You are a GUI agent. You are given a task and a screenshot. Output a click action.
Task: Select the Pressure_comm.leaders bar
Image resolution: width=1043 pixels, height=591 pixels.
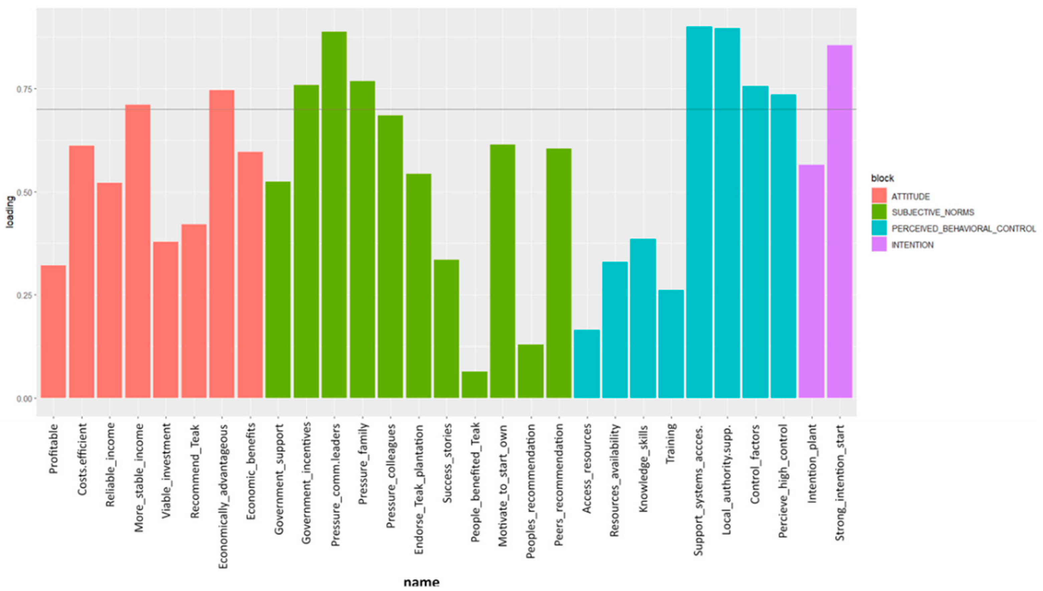(x=334, y=215)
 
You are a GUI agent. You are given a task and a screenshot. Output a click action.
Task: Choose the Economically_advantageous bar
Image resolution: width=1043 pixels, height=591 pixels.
(x=222, y=243)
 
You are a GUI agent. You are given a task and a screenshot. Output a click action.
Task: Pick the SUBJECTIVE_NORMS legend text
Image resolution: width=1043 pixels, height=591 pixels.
(x=932, y=213)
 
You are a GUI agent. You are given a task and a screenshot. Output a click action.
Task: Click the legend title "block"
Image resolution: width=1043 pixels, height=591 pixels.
(x=882, y=178)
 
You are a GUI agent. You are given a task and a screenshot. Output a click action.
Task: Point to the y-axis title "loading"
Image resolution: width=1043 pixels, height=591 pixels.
(x=10, y=212)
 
